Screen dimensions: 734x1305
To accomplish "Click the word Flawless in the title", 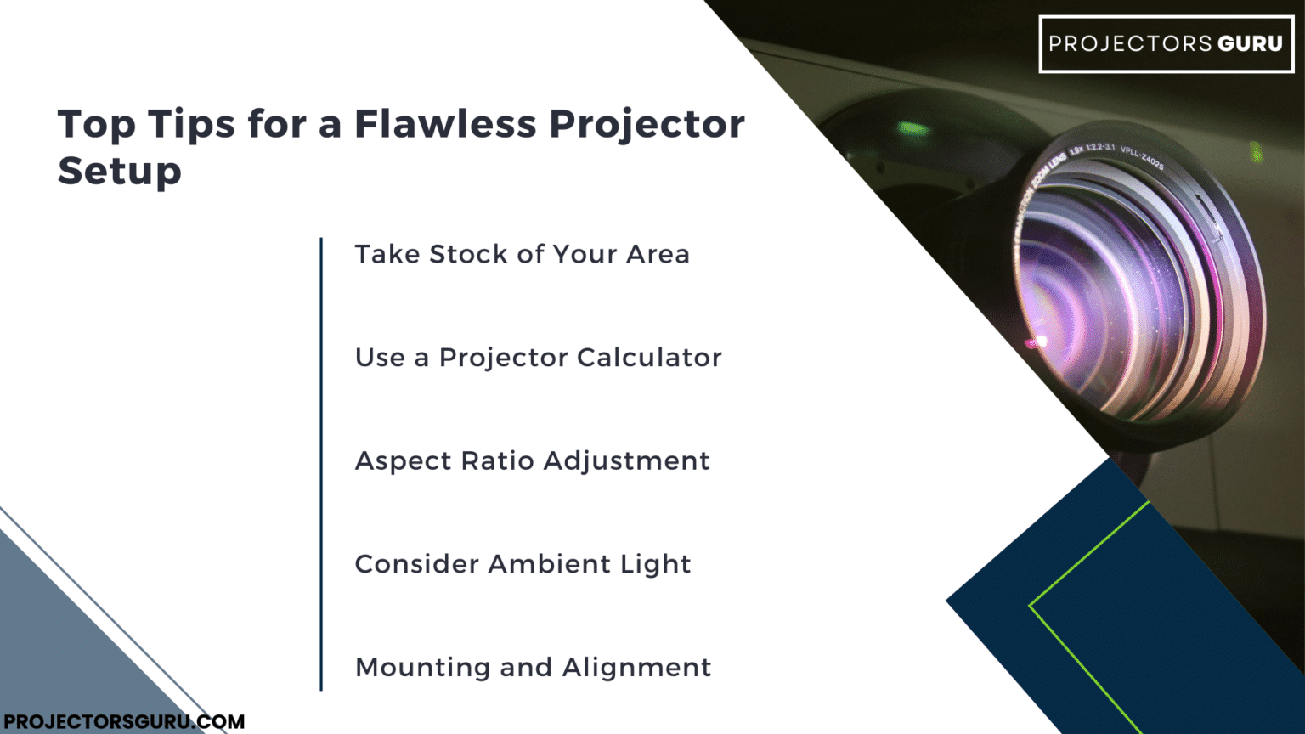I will [x=445, y=124].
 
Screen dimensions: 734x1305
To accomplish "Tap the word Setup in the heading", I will [x=119, y=172].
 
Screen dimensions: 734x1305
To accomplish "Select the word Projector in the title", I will [x=647, y=126].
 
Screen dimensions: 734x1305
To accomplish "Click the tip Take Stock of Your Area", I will [x=522, y=254].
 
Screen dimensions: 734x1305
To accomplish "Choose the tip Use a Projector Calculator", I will [x=538, y=358].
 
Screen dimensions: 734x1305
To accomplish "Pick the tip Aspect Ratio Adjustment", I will [x=532, y=460].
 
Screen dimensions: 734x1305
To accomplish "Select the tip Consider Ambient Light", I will [x=523, y=564].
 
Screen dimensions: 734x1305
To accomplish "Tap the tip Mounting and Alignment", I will [x=533, y=668].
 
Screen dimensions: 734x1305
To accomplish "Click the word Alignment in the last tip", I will [x=636, y=668].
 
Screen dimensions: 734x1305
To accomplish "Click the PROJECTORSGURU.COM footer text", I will [x=124, y=722].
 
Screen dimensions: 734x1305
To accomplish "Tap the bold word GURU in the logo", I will [x=1250, y=44].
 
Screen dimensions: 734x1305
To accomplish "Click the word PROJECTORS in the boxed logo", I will [x=1130, y=44].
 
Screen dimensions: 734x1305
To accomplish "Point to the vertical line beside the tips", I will [x=321, y=464].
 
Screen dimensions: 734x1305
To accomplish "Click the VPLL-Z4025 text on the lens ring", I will [x=1142, y=157].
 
